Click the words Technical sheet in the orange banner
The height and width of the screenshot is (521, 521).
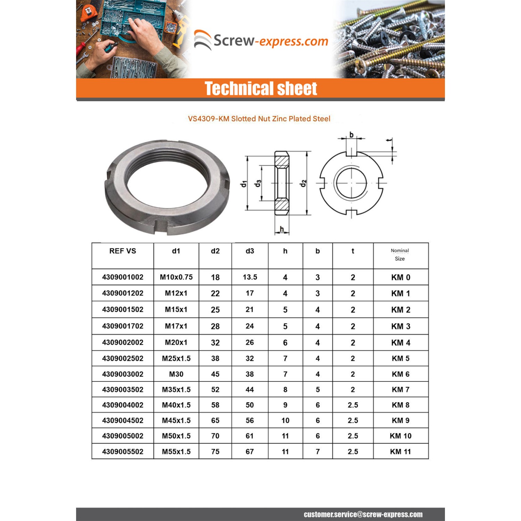tap(260, 89)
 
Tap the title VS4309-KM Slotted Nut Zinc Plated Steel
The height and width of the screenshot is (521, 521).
tap(259, 119)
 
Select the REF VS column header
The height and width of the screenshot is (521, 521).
tap(123, 251)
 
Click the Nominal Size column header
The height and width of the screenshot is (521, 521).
tap(400, 255)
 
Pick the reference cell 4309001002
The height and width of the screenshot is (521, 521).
tap(123, 277)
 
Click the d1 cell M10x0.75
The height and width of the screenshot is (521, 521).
tap(176, 277)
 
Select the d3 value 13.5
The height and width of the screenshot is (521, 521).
tap(250, 277)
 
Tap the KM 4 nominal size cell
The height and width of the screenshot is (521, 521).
tap(400, 343)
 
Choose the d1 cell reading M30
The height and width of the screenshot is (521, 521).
tap(176, 374)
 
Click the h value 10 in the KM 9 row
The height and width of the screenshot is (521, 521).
tap(285, 421)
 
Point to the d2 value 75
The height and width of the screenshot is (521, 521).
tap(215, 452)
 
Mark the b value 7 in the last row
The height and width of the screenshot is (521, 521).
tap(317, 452)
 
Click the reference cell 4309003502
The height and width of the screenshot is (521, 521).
tap(123, 390)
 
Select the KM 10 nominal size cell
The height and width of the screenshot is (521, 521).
tap(400, 436)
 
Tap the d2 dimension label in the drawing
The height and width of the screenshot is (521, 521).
tap(304, 183)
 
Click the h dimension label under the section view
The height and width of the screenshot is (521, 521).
tap(282, 229)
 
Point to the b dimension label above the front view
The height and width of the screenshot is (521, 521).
tap(352, 135)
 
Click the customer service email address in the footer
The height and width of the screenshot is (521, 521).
tap(363, 514)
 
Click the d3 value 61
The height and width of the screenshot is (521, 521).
tap(250, 436)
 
